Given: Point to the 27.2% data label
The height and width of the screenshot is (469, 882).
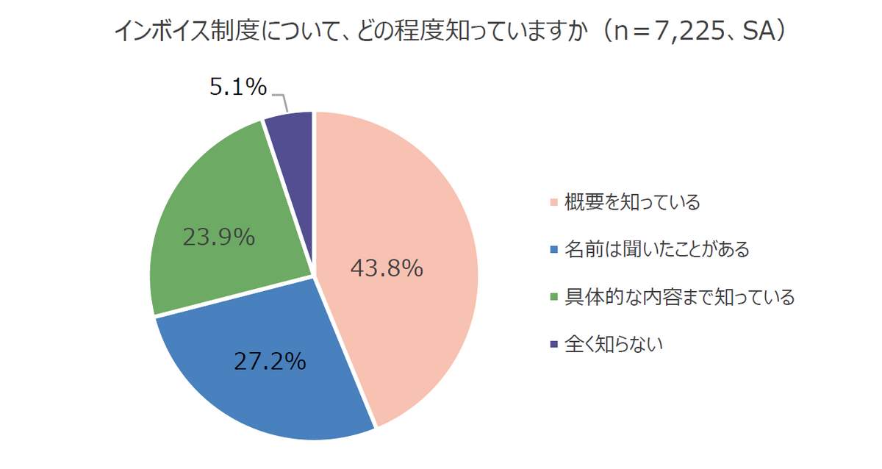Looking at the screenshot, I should pyautogui.click(x=270, y=362).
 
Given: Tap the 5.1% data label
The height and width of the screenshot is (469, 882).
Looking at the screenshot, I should pyautogui.click(x=237, y=88).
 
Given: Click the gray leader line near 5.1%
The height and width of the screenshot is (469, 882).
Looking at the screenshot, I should pyautogui.click(x=281, y=99).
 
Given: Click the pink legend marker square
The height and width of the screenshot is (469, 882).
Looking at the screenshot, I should pyautogui.click(x=553, y=202).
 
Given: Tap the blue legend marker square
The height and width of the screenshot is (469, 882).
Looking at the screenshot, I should pyautogui.click(x=553, y=249).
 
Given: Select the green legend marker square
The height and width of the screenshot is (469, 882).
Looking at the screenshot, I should pyautogui.click(x=553, y=297).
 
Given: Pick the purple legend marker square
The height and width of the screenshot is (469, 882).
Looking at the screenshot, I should pyautogui.click(x=553, y=344).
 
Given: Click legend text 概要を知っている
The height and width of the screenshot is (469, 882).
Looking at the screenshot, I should pyautogui.click(x=632, y=202).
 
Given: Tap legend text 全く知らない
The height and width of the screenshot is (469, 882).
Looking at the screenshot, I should pyautogui.click(x=614, y=344).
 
